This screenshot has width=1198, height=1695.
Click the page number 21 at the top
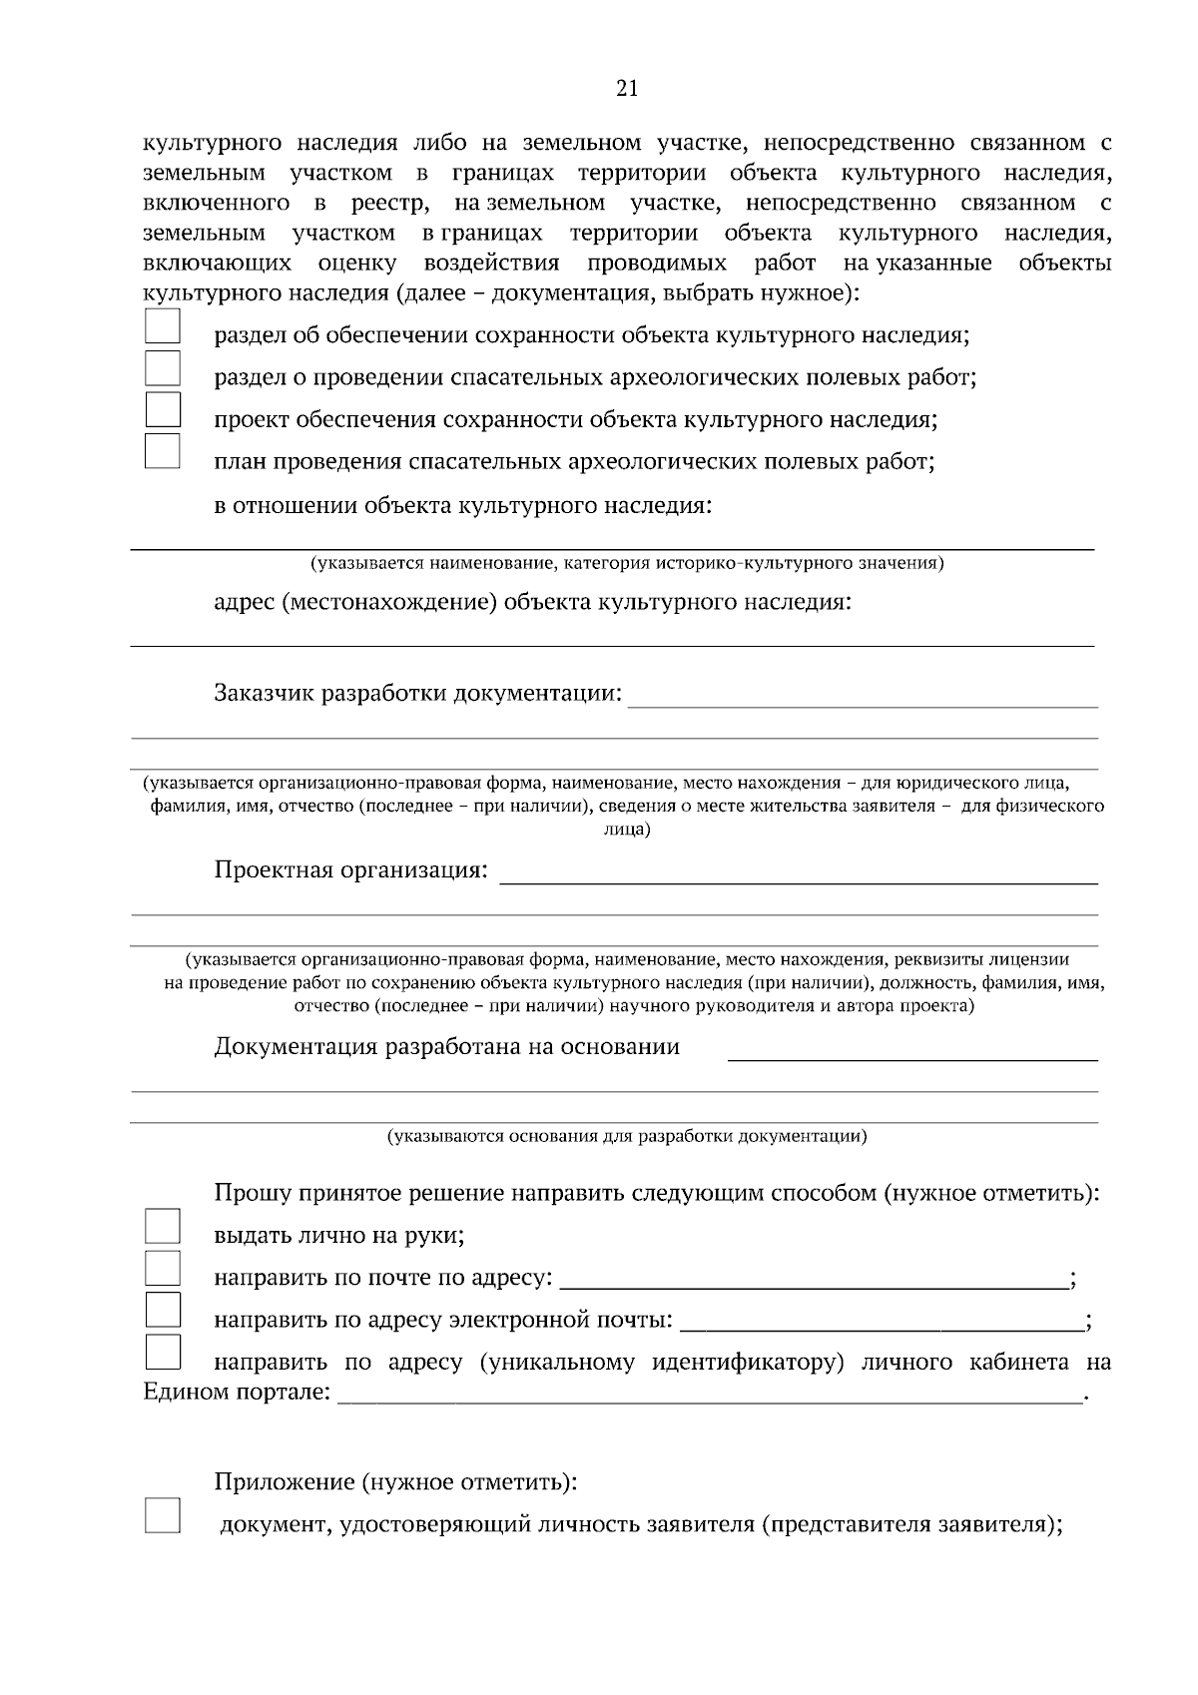[x=627, y=89]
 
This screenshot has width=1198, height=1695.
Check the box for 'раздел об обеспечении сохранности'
[x=163, y=326]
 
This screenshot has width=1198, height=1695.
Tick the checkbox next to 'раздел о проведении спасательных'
[x=163, y=368]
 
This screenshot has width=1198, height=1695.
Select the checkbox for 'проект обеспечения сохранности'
[x=163, y=410]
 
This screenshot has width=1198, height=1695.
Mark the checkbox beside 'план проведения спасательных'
[x=163, y=451]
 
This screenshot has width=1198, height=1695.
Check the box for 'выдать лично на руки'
[x=163, y=1226]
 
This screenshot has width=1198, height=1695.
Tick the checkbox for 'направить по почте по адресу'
[x=163, y=1268]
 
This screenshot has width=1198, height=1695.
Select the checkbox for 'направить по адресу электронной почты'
[x=163, y=1309]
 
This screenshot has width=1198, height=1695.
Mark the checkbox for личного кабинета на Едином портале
[x=163, y=1352]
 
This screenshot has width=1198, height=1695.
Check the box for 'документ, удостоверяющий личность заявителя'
[x=163, y=1515]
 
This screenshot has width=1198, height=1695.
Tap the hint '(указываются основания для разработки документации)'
[x=627, y=1136]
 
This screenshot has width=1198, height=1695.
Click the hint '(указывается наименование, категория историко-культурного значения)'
[x=627, y=564]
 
